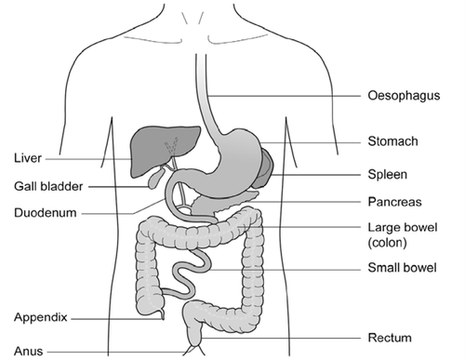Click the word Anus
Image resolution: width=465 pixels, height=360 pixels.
coord(29,351)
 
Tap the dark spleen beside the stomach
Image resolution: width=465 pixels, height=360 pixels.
coord(265,167)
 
